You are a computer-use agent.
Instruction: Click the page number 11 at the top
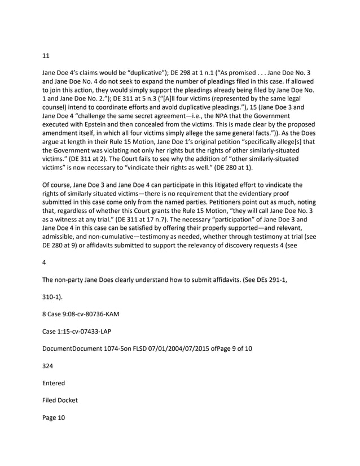click(x=46, y=56)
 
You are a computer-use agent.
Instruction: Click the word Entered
click(x=56, y=383)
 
